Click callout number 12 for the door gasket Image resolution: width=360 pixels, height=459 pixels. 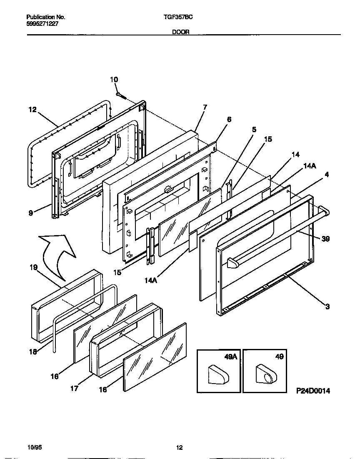(32, 110)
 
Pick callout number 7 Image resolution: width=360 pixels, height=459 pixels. (205, 107)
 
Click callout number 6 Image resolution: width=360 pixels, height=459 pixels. (229, 119)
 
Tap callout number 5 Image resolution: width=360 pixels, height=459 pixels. (254, 130)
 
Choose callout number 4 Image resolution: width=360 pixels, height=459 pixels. (326, 175)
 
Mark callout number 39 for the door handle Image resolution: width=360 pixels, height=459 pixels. (326, 238)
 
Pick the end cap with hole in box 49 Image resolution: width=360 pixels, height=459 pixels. (265, 372)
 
